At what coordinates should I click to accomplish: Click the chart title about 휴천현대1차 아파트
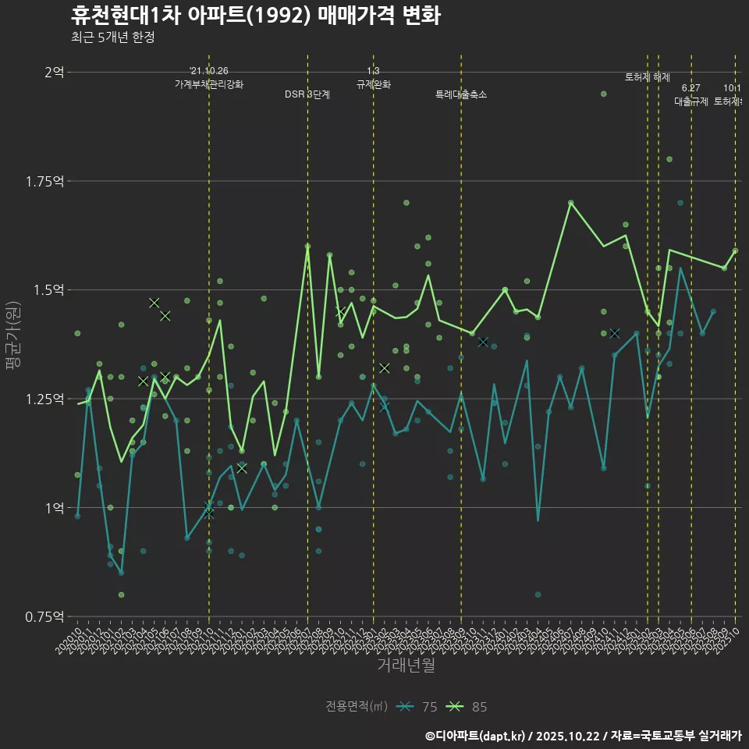coord(255,16)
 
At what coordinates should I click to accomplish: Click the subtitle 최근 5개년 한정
coord(112,37)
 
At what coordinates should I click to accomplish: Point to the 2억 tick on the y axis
coord(54,73)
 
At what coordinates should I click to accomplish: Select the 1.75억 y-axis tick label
coord(46,181)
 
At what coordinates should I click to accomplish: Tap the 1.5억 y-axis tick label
coord(49,290)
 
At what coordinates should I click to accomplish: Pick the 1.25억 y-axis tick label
coord(46,399)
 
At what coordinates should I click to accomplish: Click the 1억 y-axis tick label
coord(54,508)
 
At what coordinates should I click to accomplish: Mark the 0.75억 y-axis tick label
coord(46,617)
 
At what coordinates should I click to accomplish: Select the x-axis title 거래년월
coord(406,665)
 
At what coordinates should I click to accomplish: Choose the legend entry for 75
coord(417,707)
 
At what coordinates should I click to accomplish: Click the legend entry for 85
coord(467,707)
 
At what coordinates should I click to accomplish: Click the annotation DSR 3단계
coord(307,94)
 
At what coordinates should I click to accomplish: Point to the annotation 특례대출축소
coord(461,94)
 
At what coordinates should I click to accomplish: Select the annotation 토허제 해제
coord(648,77)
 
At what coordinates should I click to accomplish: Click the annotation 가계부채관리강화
coord(209,84)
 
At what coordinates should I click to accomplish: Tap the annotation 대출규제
coord(690,101)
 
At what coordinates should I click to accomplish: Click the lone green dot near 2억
coord(603,94)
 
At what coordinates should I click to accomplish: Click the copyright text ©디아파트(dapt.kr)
coord(476,735)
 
